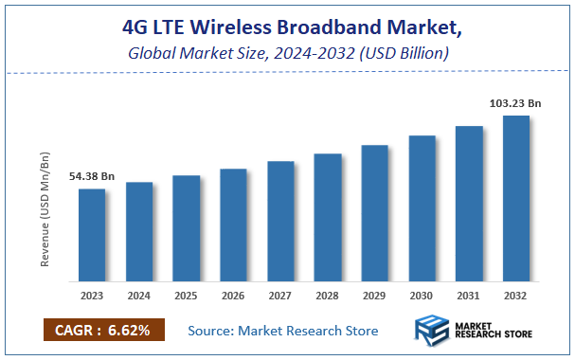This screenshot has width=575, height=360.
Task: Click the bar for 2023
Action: tap(92, 235)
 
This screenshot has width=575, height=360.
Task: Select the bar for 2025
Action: tap(186, 228)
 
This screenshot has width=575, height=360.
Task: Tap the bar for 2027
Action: tap(280, 221)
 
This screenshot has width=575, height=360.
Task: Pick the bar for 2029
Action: tap(375, 213)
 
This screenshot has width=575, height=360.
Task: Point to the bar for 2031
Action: tap(469, 204)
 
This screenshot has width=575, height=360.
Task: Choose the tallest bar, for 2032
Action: tap(516, 199)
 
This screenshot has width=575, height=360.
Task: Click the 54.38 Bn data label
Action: tap(91, 177)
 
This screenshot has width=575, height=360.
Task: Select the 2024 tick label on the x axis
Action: tap(139, 295)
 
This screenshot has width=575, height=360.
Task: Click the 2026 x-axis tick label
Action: tap(233, 295)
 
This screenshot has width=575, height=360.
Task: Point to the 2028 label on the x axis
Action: tap(328, 295)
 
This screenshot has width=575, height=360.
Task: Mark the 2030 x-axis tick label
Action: tap(422, 295)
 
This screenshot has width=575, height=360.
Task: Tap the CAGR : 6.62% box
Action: tap(103, 330)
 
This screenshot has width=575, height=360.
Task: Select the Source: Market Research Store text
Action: tap(283, 331)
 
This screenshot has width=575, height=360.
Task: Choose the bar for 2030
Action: tap(422, 208)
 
